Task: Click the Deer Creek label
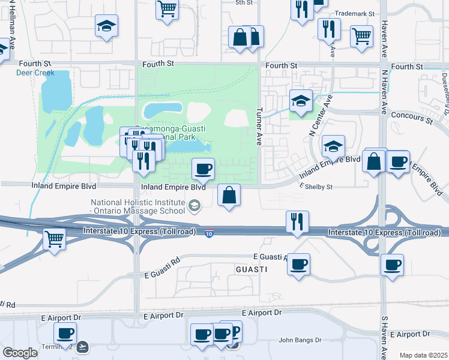tap(35, 73)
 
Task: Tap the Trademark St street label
tap(354, 13)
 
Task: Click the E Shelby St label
tap(316, 187)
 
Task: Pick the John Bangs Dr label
tap(300, 340)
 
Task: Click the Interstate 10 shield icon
tap(208, 233)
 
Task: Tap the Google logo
tap(19, 353)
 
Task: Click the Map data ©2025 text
tap(423, 355)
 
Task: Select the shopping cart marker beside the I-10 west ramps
tap(55, 239)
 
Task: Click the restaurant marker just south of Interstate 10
tap(298, 222)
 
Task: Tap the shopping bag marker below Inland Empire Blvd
tap(229, 195)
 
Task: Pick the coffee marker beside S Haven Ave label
tap(392, 265)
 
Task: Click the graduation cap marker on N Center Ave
tap(301, 100)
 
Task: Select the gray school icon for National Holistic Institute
tap(194, 207)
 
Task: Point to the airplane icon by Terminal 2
tap(82, 346)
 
